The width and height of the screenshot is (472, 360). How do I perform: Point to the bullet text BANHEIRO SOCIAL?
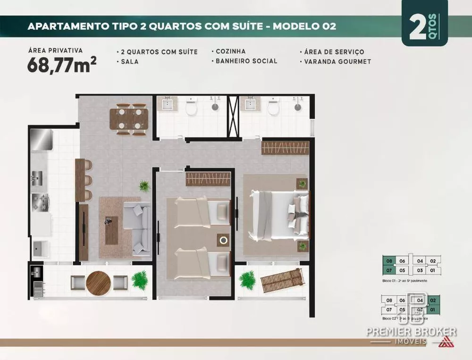tap(246, 61)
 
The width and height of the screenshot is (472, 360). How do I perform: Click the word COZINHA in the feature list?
tap(231, 51)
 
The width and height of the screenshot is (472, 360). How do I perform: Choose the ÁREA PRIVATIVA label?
tap(55, 50)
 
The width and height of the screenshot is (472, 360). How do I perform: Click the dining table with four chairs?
tap(129, 119)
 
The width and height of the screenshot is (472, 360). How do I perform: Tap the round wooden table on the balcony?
tap(98, 282)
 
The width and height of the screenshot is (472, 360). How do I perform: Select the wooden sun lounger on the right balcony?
tap(282, 281)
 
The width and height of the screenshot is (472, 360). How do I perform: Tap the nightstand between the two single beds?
tap(223, 240)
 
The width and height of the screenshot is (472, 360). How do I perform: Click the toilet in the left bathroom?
tap(191, 109)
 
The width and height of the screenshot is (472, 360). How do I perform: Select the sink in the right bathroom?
tap(250, 104)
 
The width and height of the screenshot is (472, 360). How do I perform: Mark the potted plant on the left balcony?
tap(139, 280)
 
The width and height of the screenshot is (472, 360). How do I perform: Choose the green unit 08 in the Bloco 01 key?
tap(389, 260)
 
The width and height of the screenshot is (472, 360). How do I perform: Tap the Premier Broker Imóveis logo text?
tap(411, 332)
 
